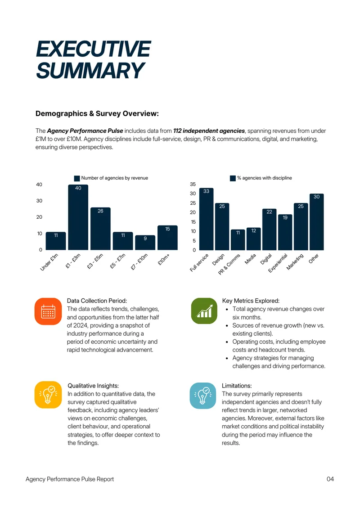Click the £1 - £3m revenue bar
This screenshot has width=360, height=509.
tap(78, 217)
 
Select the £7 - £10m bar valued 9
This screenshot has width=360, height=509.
tap(145, 243)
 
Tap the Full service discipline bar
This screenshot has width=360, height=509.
tap(206, 219)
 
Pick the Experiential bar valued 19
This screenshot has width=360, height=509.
tap(285, 232)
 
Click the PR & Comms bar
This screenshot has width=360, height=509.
tap(238, 239)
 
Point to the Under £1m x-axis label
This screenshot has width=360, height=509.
tap(49, 262)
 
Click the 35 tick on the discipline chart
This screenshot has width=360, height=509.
tap(193, 184)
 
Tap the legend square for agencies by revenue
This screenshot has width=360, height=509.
tap(77, 178)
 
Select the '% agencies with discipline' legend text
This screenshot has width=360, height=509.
tap(264, 178)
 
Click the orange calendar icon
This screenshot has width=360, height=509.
tap(48, 311)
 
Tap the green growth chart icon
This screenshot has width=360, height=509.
tap(204, 311)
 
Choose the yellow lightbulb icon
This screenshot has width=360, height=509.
tap(48, 395)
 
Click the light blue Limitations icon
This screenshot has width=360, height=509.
tap(203, 396)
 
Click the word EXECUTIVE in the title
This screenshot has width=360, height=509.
tap(94, 49)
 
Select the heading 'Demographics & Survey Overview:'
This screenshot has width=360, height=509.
tap(97, 113)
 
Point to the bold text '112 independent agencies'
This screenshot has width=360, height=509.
tap(209, 131)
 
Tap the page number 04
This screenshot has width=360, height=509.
tap(330, 479)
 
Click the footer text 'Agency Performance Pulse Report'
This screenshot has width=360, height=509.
tap(70, 479)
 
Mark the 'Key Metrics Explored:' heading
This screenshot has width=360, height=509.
tap(251, 301)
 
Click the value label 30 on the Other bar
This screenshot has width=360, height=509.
tap(316, 197)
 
